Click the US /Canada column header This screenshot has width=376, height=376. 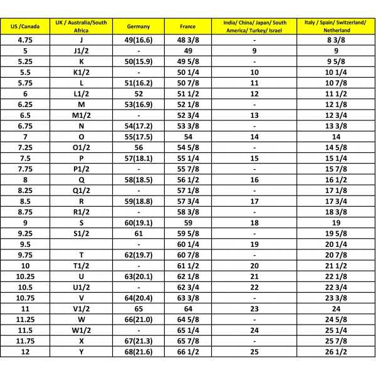[25, 26]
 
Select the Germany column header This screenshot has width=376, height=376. [138, 26]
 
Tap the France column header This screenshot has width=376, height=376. [188, 26]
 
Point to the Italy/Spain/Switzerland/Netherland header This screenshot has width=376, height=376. [336, 26]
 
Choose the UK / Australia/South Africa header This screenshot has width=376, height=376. [81, 26]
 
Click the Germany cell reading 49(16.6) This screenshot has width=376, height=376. [138, 40]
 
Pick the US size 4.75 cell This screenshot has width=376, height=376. [25, 40]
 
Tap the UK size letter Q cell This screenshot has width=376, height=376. [81, 179]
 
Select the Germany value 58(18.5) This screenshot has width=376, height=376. [138, 179]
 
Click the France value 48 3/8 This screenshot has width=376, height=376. [189, 40]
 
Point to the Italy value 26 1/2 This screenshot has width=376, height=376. [336, 352]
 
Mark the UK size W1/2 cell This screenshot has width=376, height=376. [81, 330]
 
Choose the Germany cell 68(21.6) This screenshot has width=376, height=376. [138, 352]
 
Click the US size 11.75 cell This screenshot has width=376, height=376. [25, 341]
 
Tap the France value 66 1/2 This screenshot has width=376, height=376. [189, 352]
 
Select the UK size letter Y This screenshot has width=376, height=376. [81, 352]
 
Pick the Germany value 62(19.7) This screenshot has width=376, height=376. [138, 255]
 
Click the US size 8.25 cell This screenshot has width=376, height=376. [25, 190]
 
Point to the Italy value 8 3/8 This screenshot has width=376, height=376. [336, 40]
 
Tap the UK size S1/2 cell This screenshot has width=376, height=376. [81, 233]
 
